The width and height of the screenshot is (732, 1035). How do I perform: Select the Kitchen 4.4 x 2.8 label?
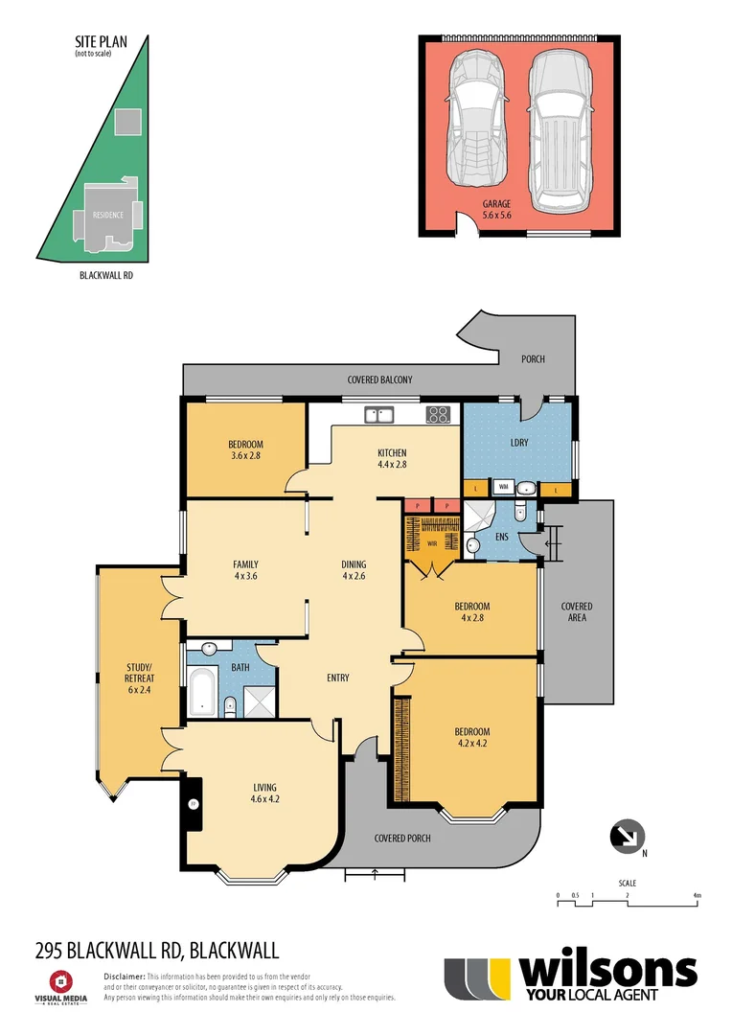[392, 459]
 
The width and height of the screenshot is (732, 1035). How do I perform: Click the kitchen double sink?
[379, 415]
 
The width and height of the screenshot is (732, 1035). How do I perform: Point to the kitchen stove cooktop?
[438, 415]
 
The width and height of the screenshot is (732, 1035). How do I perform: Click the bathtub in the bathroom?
[202, 693]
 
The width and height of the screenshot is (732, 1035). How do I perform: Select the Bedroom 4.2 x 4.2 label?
[471, 738]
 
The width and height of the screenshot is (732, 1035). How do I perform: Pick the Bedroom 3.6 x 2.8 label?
[245, 450]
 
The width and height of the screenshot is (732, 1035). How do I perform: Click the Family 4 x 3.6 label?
[245, 570]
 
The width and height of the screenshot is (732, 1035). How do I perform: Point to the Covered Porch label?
[402, 838]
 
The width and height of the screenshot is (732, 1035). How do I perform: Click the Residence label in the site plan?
[107, 215]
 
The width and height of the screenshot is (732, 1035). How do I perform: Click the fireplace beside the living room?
[193, 803]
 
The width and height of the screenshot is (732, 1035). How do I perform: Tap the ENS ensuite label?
[502, 538]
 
